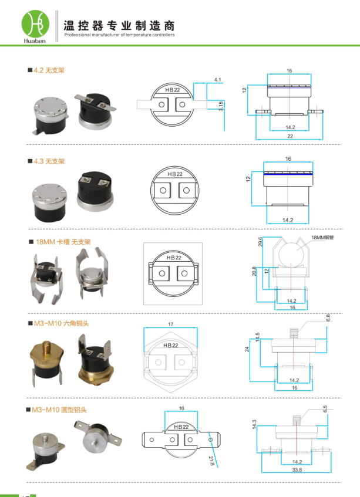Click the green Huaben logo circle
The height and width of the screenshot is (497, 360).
pyautogui.click(x=35, y=24)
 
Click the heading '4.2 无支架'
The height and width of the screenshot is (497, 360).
pyautogui.click(x=49, y=70)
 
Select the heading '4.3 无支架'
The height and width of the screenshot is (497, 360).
pyautogui.click(x=49, y=161)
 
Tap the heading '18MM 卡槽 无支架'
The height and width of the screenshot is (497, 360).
pyautogui.click(x=63, y=242)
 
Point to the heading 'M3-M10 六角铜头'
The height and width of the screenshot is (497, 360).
pyautogui.click(x=62, y=324)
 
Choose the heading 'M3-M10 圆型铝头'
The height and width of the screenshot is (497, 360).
pyautogui.click(x=59, y=410)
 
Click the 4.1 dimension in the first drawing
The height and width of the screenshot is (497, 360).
pyautogui.click(x=218, y=80)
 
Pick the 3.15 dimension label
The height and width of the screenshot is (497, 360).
pyautogui.click(x=221, y=106)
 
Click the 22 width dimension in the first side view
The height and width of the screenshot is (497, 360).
pyautogui.click(x=290, y=136)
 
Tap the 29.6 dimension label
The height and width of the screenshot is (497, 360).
pyautogui.click(x=260, y=242)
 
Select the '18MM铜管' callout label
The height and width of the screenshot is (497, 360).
pyautogui.click(x=322, y=238)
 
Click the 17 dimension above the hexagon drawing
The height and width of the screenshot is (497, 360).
pyautogui.click(x=171, y=324)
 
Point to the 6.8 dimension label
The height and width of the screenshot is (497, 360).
pyautogui.click(x=328, y=317)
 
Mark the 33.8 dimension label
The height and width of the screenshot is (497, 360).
pyautogui.click(x=297, y=470)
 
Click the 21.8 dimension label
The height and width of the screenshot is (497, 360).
pyautogui.click(x=212, y=461)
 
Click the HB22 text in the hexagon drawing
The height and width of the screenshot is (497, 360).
pyautogui.click(x=171, y=345)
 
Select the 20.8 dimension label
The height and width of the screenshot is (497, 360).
pyautogui.click(x=254, y=271)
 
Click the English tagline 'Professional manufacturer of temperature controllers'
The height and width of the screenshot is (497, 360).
pyautogui.click(x=119, y=35)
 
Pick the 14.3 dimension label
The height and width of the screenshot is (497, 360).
pyautogui.click(x=254, y=424)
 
